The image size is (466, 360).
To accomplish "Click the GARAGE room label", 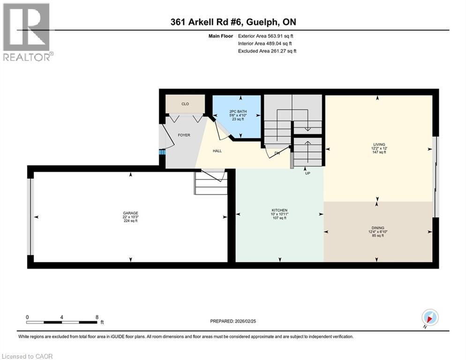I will (130, 213).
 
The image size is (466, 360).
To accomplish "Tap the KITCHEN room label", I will (279, 210).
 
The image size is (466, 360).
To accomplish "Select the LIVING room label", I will (378, 145).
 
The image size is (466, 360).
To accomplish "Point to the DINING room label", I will (378, 228).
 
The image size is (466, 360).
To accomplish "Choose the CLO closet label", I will (185, 104).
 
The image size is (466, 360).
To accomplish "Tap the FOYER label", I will (184, 135).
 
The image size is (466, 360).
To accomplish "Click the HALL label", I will (217, 151).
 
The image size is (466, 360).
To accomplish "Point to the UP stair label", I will (308, 173).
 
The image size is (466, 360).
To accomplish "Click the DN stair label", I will (277, 153).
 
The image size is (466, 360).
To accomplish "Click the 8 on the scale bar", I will (97, 317).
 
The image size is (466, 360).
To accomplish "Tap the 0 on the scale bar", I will (28, 317).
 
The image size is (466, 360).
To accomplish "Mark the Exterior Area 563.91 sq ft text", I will (267, 36).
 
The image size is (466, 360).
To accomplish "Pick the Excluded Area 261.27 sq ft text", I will (267, 51).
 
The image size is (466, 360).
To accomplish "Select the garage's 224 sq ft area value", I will (130, 221).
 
